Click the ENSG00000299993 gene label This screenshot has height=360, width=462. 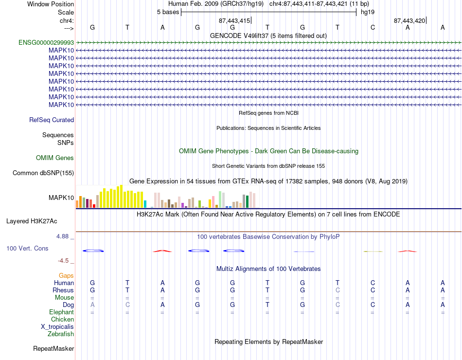(46, 42)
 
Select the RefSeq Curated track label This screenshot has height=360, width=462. (52, 120)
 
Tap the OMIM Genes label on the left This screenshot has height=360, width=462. (55, 158)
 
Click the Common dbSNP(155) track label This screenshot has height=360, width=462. (43, 173)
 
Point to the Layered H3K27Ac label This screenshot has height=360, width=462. (32, 221)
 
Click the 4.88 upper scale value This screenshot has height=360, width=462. (62, 236)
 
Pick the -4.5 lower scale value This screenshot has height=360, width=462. (63, 261)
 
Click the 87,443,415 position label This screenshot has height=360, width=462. (234, 20)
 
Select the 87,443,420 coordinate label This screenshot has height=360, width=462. (409, 20)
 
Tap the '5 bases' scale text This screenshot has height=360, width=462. (168, 12)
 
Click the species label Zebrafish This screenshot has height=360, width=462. (61, 334)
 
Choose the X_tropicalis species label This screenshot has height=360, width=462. (57, 327)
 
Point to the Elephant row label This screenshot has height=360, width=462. (62, 312)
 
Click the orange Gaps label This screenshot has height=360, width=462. (66, 275)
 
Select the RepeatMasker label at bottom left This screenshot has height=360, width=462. (53, 348)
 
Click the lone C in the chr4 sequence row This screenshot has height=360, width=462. (373, 27)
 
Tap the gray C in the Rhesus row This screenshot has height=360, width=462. (338, 290)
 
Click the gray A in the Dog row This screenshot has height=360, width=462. (92, 305)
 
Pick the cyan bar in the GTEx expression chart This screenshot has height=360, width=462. (145, 204)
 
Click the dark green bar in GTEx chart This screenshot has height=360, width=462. (247, 202)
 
